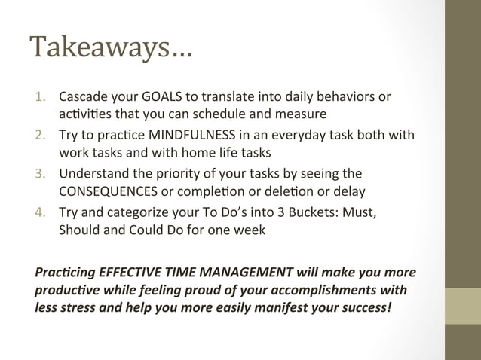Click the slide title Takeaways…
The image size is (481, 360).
(x=111, y=49)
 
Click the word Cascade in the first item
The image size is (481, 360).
(x=82, y=98)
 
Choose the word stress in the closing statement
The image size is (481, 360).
(x=75, y=308)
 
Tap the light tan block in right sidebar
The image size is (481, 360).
(x=462, y=307)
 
